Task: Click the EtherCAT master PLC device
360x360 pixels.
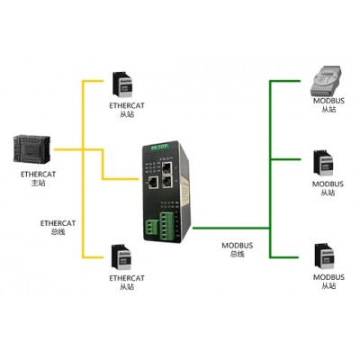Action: pyautogui.click(x=31, y=149)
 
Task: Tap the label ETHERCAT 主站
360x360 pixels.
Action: pyautogui.click(x=38, y=178)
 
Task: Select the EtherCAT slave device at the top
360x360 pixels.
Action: pyautogui.click(x=121, y=85)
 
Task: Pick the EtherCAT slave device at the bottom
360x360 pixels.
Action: pyautogui.click(x=121, y=257)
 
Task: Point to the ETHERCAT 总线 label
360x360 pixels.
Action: pyautogui.click(x=58, y=228)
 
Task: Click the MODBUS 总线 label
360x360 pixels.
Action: pyautogui.click(x=238, y=249)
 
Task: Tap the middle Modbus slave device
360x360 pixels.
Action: pyautogui.click(x=323, y=163)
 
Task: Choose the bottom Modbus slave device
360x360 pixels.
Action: pyautogui.click(x=324, y=256)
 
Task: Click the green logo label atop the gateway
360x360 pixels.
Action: pyautogui.click(x=160, y=147)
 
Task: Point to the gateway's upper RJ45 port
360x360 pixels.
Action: pyautogui.click(x=167, y=168)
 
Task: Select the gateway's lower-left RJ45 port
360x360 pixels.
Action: pyautogui.click(x=154, y=182)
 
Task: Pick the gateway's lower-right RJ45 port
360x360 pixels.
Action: pyautogui.click(x=166, y=182)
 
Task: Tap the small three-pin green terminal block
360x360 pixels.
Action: pyautogui.click(x=151, y=228)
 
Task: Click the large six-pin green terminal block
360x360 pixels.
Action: pyautogui.click(x=166, y=227)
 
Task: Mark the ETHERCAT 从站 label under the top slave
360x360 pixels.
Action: pyautogui.click(x=127, y=110)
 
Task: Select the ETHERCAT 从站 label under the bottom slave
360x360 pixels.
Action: pyautogui.click(x=127, y=283)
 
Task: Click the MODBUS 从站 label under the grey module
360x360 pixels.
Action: pyautogui.click(x=328, y=104)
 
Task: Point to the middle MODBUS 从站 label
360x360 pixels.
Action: pyautogui.click(x=328, y=188)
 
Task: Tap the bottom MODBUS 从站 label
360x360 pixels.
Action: pyautogui.click(x=328, y=281)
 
